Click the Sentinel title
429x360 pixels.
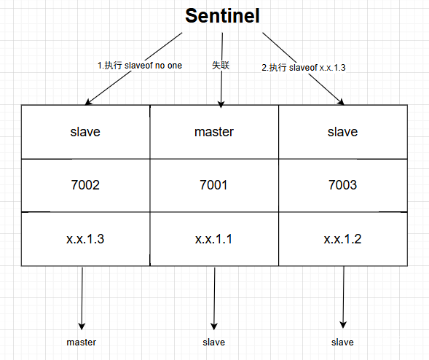click(222, 16)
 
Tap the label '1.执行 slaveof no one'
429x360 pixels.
click(140, 66)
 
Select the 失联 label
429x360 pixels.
click(221, 65)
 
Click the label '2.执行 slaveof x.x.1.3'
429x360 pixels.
click(304, 67)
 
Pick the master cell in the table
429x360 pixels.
click(214, 132)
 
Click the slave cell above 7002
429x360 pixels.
click(85, 132)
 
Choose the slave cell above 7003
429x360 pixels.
click(343, 132)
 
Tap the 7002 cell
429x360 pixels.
click(85, 185)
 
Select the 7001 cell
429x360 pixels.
click(214, 185)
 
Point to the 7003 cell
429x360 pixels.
click(343, 185)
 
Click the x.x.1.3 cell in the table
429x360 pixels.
click(85, 239)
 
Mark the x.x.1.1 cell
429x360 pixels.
click(214, 239)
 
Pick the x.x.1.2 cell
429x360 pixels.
click(343, 239)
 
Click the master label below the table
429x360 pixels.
click(82, 343)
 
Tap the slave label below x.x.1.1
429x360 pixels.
click(213, 343)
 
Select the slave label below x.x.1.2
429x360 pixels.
click(342, 343)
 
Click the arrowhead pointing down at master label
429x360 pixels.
click(82, 326)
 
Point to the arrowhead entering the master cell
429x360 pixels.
click(221, 104)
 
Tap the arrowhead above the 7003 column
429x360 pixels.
click(341, 102)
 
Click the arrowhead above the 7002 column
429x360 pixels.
click(88, 102)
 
